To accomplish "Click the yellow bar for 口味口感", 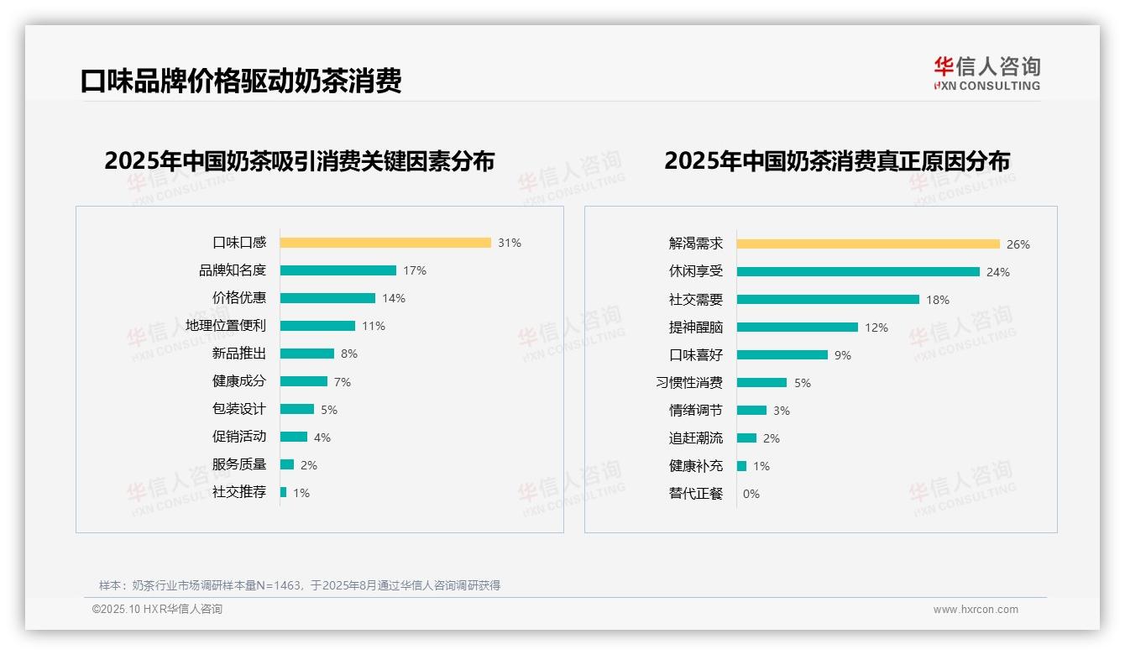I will coord(385,243).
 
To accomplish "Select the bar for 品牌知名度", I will coord(338,270).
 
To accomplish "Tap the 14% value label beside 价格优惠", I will coord(394,298).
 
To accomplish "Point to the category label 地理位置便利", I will coord(226,326).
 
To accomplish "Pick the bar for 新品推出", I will coord(307,354).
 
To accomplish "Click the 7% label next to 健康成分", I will coord(343,382).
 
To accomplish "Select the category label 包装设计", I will coord(239,409).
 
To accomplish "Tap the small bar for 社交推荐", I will coord(284,492).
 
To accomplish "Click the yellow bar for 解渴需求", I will coord(868,244).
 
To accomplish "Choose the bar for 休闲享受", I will coord(858,271).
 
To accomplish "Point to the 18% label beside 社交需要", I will coord(938,300).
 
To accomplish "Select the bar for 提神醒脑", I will coord(798,327).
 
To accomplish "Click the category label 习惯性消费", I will coord(689,382).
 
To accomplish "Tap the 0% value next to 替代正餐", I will coord(751,494).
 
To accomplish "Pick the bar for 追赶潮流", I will coord(746,438).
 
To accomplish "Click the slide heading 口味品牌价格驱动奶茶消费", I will coord(241,81).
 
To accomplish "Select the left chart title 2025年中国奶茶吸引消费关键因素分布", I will coord(300,160).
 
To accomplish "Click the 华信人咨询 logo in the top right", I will coord(986,73).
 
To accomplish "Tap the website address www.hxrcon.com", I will coord(976,610).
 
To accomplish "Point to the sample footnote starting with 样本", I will coord(300,585).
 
